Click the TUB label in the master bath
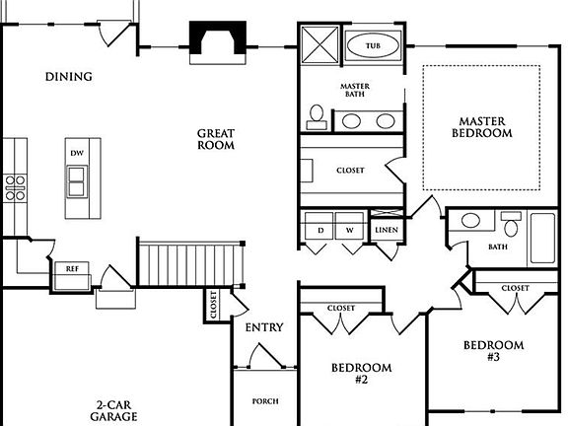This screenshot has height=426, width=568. click(x=373, y=46)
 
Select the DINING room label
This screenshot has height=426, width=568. click(x=68, y=76)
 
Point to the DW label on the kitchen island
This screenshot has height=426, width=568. click(x=77, y=153)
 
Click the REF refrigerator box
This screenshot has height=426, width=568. click(x=72, y=268)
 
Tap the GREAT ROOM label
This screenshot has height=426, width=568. click(x=215, y=139)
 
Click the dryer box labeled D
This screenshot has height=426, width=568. click(x=319, y=230)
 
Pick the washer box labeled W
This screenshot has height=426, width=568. click(x=348, y=230)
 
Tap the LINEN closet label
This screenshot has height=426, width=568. click(x=387, y=231)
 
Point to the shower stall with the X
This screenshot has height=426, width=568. click(x=320, y=45)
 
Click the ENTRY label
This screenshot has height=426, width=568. click(x=263, y=327)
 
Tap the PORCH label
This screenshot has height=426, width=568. click(x=264, y=401)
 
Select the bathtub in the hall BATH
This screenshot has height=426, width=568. click(x=543, y=237)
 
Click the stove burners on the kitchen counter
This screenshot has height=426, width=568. click(x=15, y=187)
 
